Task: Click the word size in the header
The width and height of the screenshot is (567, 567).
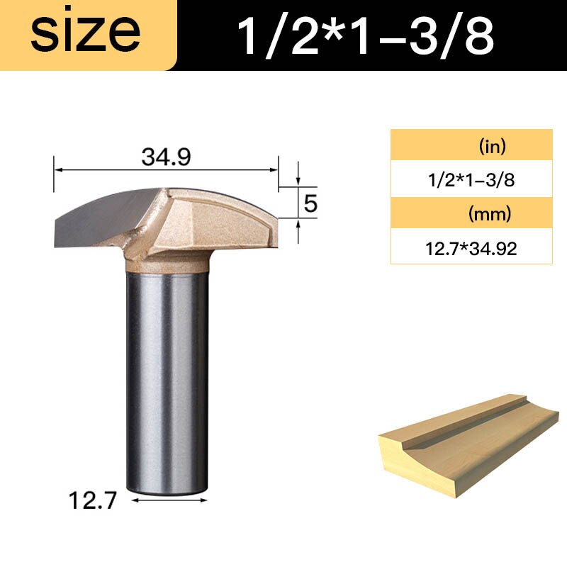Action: pos(85,33)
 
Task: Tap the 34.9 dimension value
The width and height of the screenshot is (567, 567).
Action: pos(167,157)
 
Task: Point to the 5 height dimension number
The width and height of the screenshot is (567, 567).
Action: pos(310,204)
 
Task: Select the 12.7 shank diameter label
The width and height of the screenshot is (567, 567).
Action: pos(92,501)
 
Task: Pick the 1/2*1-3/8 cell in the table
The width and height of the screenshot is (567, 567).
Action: pos(471,179)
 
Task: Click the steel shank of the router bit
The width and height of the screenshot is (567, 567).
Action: pos(167,376)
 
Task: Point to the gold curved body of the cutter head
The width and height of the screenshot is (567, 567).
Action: pos(213,213)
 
